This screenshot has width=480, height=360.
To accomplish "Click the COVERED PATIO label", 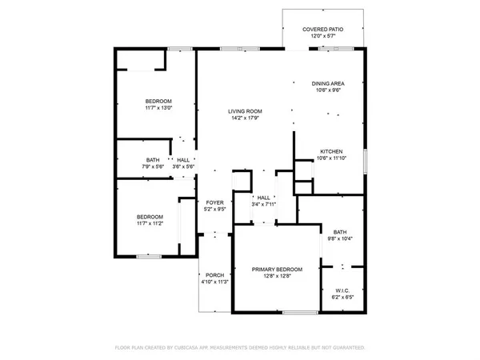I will point(323,30).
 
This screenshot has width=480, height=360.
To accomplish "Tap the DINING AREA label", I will point(333,83).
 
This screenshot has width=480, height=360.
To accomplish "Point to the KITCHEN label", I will point(332,151).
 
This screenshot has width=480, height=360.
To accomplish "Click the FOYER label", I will point(214,202).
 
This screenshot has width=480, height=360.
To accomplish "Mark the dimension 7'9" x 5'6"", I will point(153,166).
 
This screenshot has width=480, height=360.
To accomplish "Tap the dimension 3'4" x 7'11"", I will point(263,204).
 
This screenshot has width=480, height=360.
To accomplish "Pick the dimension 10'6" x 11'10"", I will point(333,158).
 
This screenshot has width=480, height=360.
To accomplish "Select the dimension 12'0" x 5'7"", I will point(323,37).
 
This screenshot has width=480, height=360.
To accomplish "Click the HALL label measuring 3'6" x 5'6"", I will point(183,159).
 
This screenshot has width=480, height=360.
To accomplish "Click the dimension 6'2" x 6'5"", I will point(342,298).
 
